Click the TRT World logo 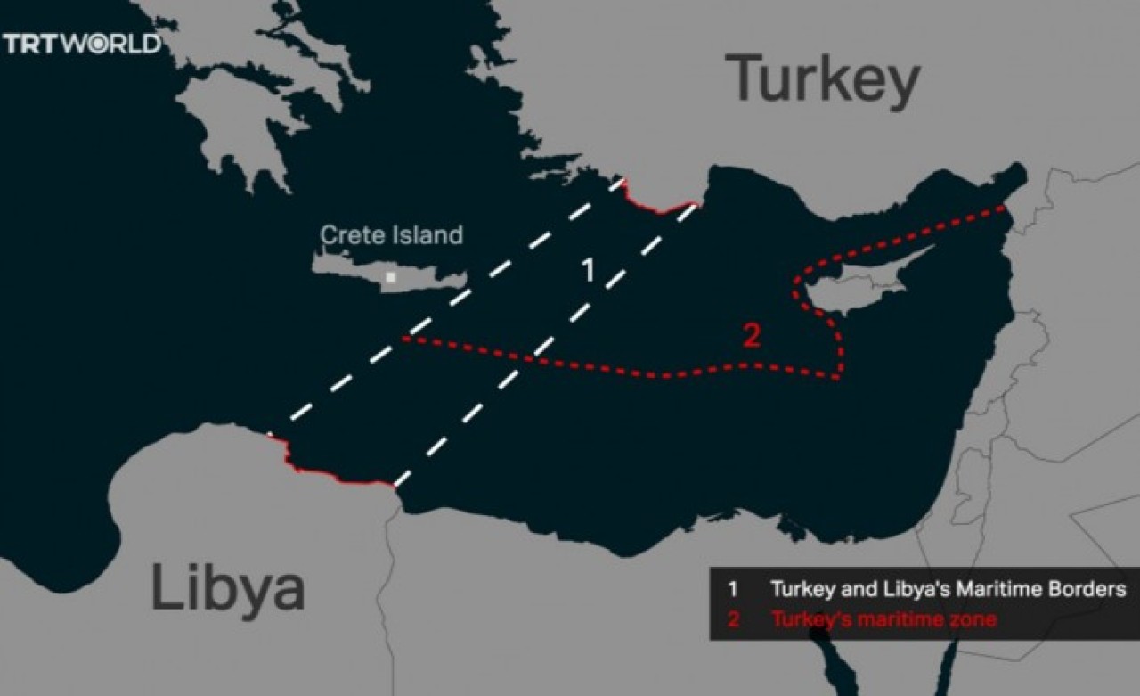pos(82,44)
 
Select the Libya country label pos(228,588)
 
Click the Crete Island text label pos(391,235)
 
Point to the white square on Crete pos(391,277)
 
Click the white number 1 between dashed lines pos(587,271)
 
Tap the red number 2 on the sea pos(752,336)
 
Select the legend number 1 pos(732,589)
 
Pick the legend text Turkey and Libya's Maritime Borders pos(948,589)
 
